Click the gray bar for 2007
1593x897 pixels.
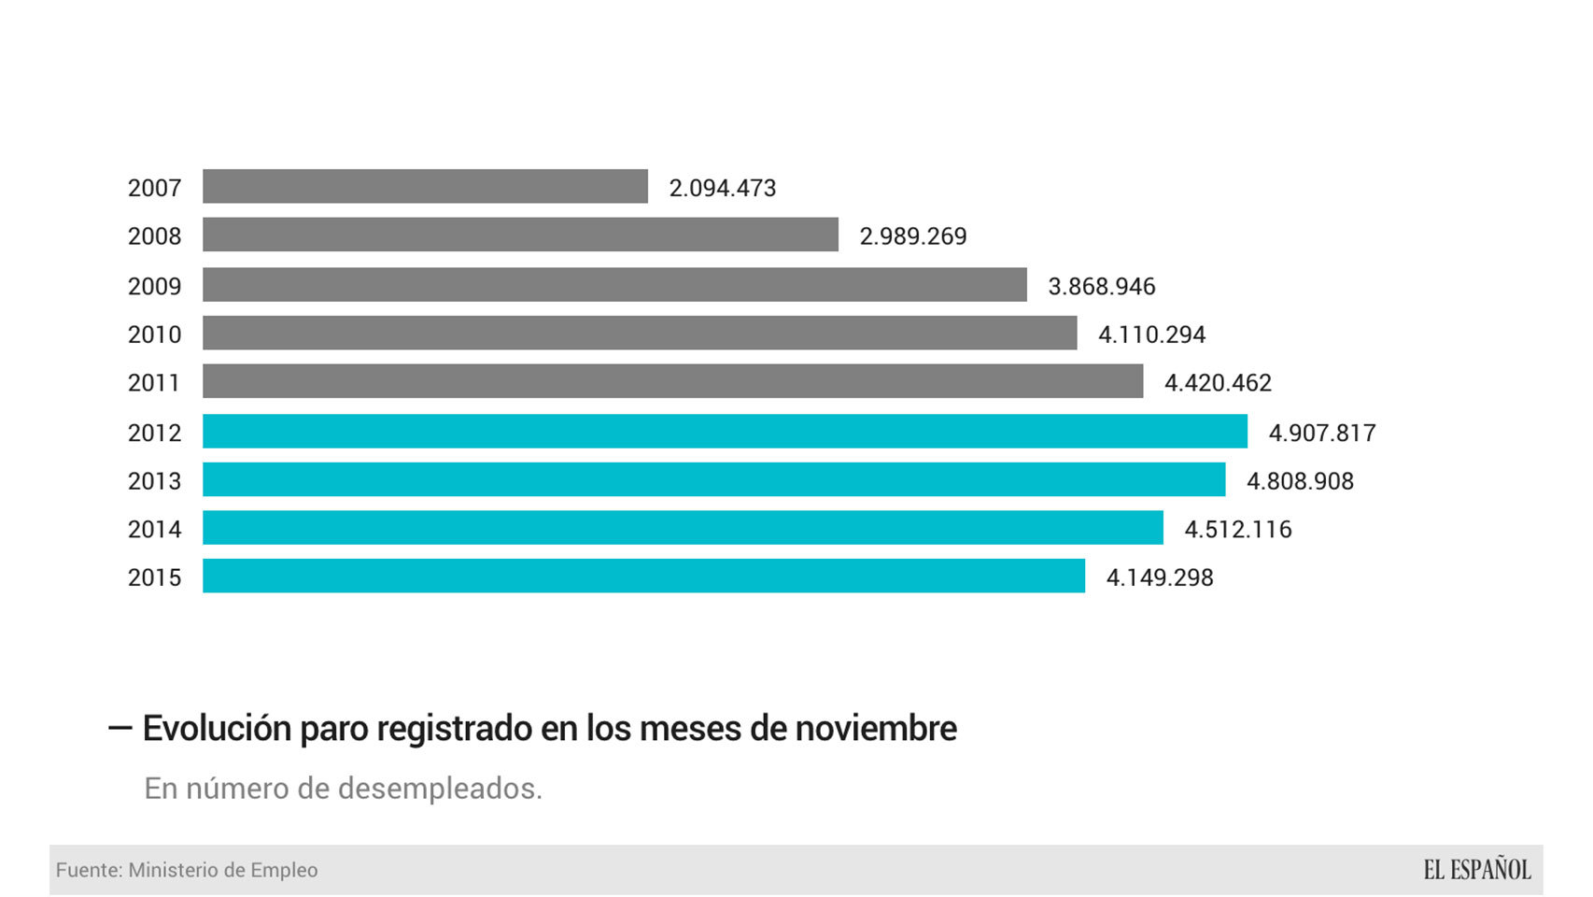[425, 187]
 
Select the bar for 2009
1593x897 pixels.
[614, 285]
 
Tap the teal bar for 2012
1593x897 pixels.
[725, 432]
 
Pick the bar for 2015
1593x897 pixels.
[643, 577]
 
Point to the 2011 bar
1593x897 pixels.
[672, 381]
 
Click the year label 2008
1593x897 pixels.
[154, 236]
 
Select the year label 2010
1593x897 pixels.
[154, 335]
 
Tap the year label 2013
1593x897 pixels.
[154, 481]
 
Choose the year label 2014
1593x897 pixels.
[154, 530]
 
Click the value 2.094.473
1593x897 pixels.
[723, 188]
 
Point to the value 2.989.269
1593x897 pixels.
[913, 236]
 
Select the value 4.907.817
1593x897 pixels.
[1322, 433]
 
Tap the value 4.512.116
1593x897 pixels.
[1238, 530]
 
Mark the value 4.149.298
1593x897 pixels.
[1160, 577]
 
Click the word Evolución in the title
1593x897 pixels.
[217, 729]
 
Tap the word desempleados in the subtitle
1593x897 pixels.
[439, 789]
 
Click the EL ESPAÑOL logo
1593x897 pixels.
[1477, 870]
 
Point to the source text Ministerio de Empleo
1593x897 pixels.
[223, 870]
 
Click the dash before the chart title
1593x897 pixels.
[120, 728]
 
